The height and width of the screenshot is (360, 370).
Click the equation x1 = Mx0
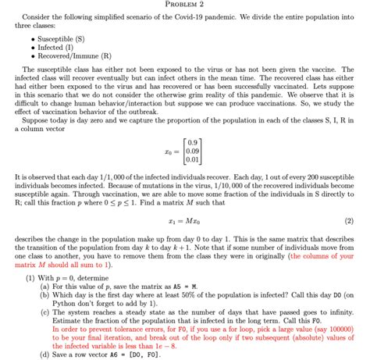(185, 220)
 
